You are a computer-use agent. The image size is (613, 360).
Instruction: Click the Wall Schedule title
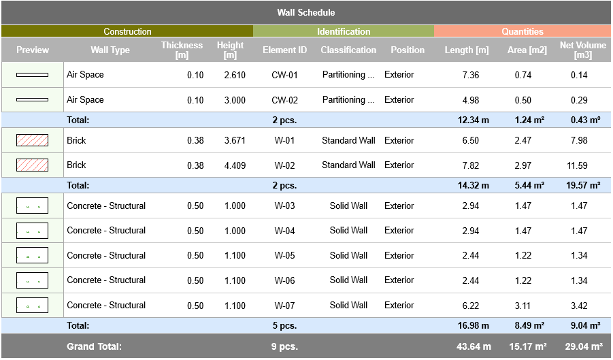306,12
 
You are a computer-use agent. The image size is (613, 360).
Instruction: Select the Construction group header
127,31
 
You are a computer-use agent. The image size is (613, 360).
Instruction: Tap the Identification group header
344,31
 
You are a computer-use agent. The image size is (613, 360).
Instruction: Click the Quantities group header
523,31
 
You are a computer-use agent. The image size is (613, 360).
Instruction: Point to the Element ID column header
284,50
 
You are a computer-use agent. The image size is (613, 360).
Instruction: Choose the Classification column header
348,50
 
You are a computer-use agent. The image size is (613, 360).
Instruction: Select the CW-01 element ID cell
284,75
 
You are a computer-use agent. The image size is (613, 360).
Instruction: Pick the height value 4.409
235,165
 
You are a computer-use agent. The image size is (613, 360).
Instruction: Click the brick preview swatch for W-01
32,140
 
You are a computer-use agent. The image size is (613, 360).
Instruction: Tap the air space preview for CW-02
32,100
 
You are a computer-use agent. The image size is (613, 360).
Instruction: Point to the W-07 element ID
284,306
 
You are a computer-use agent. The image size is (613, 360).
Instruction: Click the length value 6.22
470,306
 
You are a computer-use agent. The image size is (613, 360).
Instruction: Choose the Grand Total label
94,346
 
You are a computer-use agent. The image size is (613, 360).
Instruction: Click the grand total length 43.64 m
474,346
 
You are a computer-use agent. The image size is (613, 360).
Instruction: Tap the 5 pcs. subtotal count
284,326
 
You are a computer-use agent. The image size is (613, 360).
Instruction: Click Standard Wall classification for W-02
348,165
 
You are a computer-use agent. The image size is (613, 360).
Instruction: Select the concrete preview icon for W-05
32,256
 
